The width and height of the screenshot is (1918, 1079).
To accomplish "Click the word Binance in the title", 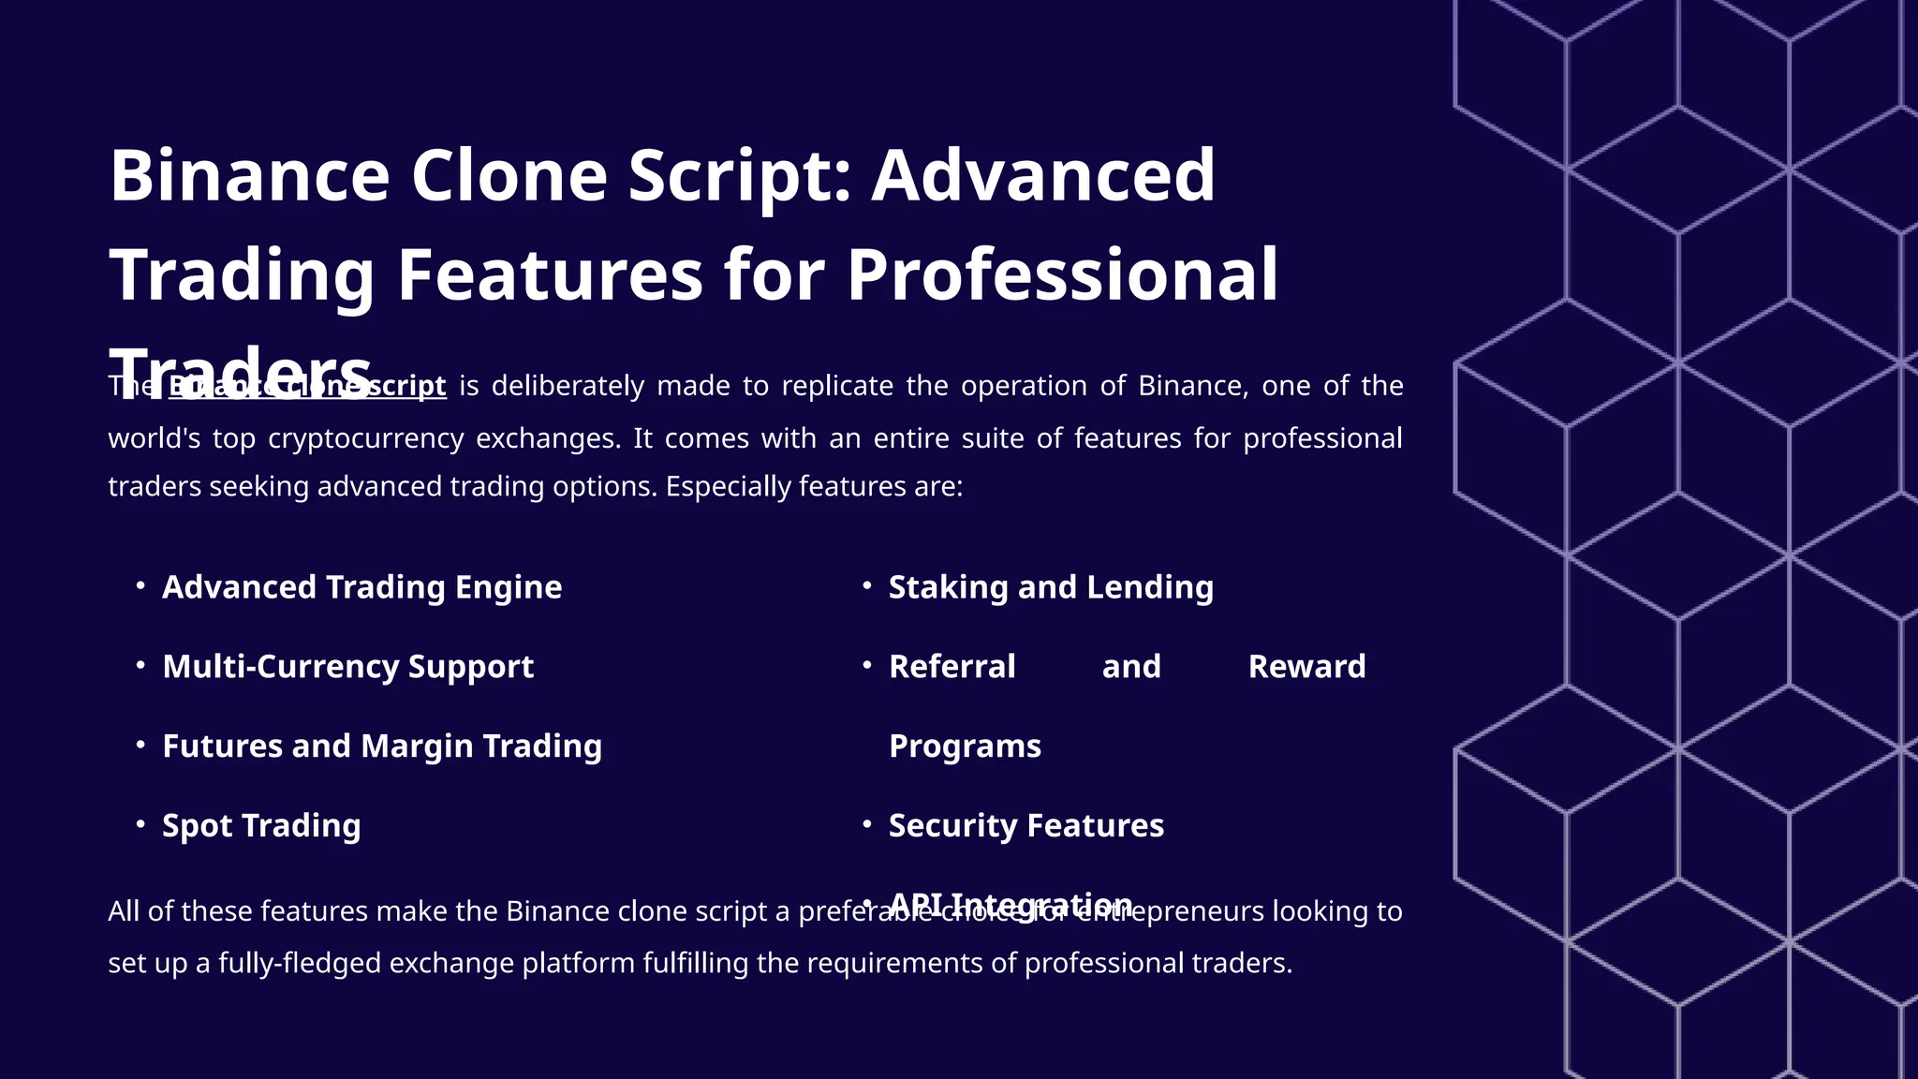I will (x=249, y=175).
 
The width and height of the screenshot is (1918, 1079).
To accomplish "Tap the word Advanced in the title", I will (x=1043, y=175).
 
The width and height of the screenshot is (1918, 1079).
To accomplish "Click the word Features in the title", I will (x=550, y=274).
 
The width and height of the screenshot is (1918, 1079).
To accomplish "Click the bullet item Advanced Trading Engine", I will (x=361, y=587).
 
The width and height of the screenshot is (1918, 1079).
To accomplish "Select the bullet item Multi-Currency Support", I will (x=347, y=667).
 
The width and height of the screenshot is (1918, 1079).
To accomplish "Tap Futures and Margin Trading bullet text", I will (x=382, y=746).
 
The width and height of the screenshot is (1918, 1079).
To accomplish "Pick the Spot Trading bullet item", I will (x=261, y=826).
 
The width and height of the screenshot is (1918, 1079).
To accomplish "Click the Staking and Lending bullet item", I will (x=1051, y=587).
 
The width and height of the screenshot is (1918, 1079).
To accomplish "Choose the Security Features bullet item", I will (x=1025, y=826).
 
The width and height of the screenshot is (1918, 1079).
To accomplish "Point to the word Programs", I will (x=965, y=746).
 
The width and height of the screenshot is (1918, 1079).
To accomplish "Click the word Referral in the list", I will (x=952, y=667).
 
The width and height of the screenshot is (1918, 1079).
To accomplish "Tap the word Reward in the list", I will (x=1306, y=667).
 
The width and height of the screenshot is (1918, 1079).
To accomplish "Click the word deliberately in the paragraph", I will (x=568, y=386).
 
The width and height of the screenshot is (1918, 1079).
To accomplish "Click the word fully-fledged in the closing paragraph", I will (x=299, y=963).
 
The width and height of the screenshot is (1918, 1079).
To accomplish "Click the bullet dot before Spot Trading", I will (x=140, y=824).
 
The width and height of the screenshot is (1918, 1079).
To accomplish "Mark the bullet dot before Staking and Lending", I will (x=867, y=585).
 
